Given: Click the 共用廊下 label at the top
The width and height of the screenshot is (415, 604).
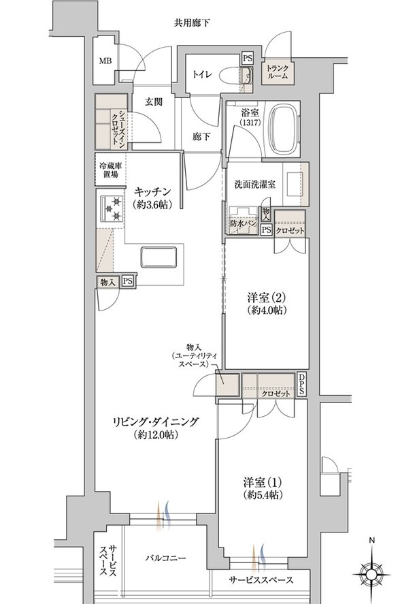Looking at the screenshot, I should point(190,23).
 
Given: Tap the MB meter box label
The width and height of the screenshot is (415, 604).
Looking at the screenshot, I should point(106,61).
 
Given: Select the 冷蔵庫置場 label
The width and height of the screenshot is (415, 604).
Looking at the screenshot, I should point(109,170).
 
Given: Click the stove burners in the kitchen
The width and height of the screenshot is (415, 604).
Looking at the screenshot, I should point(111,208).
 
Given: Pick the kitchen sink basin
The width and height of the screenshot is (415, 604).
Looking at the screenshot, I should point(159,259).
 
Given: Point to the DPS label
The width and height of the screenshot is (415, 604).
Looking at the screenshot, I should point(302,385).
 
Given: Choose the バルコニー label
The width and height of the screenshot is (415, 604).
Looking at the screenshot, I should point(166,558).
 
